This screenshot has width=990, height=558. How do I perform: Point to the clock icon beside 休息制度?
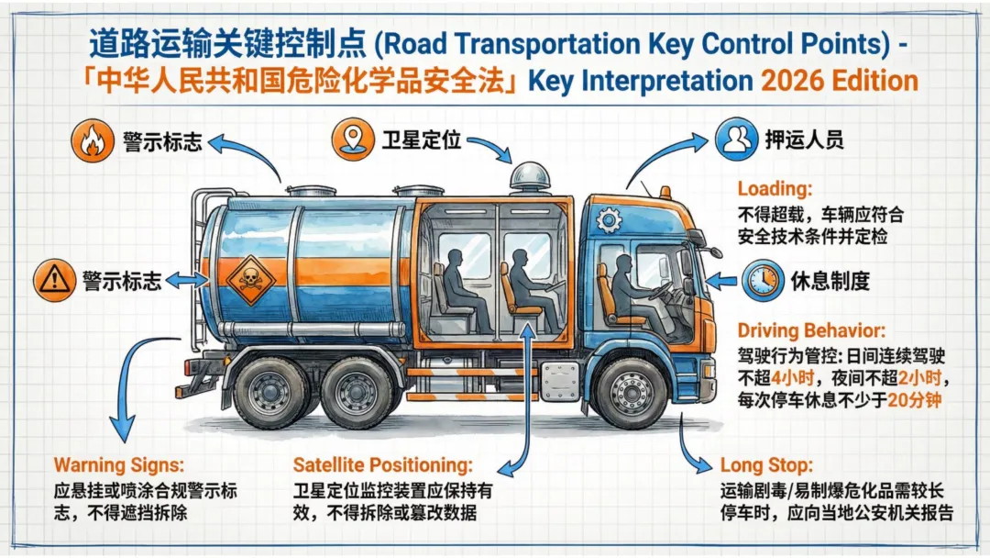click(x=763, y=279)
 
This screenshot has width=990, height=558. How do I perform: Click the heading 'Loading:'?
click(x=775, y=190)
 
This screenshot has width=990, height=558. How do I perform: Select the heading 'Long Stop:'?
click(x=765, y=465)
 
